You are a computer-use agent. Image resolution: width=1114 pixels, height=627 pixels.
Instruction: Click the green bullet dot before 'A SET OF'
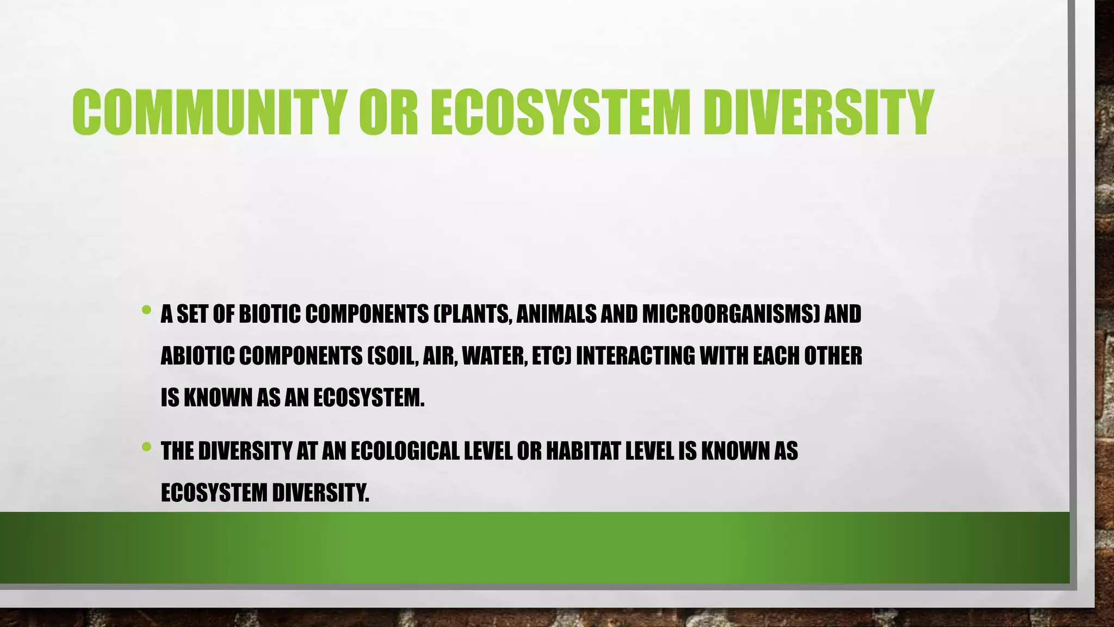146,310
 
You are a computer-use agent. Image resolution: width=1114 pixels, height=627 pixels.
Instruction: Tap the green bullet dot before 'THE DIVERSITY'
146,447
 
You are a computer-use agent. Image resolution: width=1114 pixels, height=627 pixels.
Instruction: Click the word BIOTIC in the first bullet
269,314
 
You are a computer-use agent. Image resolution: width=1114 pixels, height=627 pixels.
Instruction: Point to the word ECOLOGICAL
405,451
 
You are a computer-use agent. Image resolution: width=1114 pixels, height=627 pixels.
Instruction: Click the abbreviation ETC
549,356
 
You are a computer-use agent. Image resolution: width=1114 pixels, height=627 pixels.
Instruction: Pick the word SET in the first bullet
192,314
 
